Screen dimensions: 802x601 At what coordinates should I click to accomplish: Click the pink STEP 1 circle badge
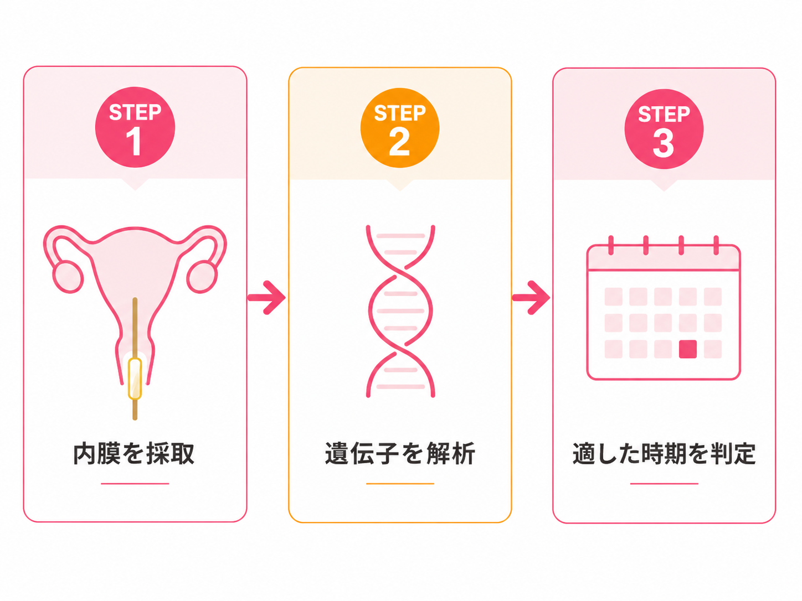135,127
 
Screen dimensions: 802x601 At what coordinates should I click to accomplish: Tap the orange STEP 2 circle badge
400,128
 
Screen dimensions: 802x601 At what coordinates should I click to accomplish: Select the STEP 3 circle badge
664,129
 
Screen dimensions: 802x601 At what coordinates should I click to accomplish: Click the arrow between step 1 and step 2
266,297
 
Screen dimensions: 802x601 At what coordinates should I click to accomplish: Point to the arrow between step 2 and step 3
531,297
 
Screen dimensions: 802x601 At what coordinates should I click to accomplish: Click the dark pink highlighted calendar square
688,349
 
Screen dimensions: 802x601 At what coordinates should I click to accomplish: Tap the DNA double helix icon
400,311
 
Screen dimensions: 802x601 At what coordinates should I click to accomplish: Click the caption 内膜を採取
133,454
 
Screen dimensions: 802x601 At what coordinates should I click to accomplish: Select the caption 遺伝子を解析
400,454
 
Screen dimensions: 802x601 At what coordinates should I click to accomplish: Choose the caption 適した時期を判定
664,454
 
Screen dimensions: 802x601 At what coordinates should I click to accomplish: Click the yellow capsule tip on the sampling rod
135,379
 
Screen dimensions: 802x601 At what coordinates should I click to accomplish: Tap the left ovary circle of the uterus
68,277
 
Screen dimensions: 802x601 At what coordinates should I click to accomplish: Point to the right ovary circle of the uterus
202,277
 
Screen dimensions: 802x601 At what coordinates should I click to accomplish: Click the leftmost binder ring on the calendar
611,245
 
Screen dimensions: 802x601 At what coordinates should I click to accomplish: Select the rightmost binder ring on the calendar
716,245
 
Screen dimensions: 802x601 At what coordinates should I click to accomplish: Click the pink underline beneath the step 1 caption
135,484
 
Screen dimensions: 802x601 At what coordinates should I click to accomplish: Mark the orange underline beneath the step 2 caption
400,484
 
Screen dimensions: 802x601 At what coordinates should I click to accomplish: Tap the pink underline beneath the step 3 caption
664,484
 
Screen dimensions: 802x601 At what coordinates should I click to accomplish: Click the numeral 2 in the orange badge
399,142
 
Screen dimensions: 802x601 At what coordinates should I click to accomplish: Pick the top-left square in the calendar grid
614,296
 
